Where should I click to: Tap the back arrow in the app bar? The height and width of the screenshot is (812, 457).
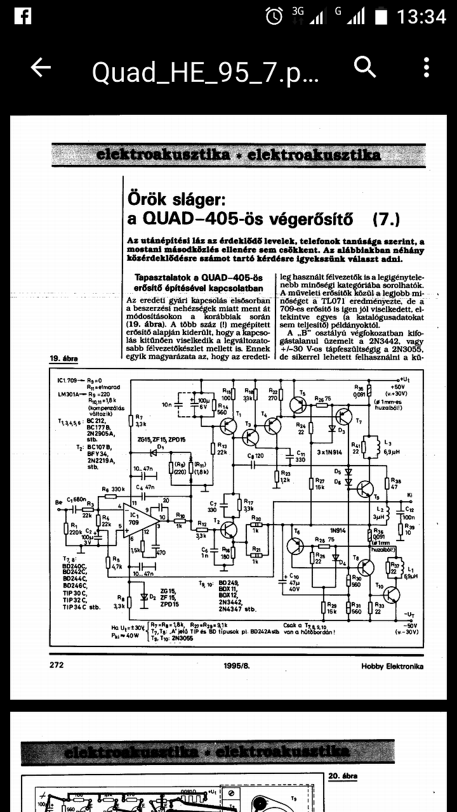pyautogui.click(x=41, y=68)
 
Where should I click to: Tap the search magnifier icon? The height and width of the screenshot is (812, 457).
pyautogui.click(x=365, y=67)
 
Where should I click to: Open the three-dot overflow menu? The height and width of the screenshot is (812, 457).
pyautogui.click(x=427, y=67)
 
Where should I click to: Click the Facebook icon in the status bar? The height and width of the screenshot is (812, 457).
pyautogui.click(x=22, y=16)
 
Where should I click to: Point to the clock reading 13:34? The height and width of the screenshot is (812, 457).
pyautogui.click(x=422, y=16)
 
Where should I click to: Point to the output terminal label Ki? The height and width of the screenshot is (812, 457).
pyautogui.click(x=411, y=494)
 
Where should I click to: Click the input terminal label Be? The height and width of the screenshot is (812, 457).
pyautogui.click(x=59, y=502)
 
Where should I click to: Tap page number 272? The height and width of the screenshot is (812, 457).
pyautogui.click(x=56, y=665)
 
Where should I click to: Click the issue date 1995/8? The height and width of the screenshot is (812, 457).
pyautogui.click(x=236, y=665)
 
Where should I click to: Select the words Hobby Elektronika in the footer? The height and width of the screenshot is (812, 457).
pyautogui.click(x=392, y=665)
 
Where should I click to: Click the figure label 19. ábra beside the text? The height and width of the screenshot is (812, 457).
pyautogui.click(x=63, y=359)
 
